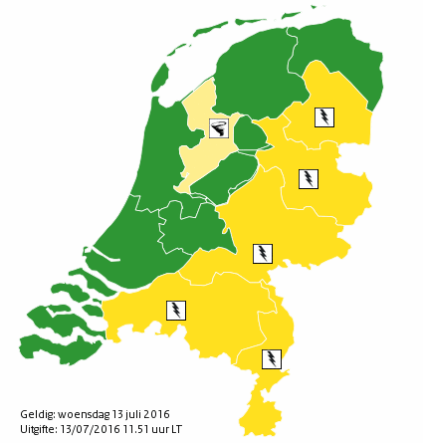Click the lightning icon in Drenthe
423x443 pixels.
click(x=323, y=116)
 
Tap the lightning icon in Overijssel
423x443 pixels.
click(x=310, y=179)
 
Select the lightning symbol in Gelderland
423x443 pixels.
click(x=263, y=253)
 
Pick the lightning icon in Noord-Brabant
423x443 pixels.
click(x=176, y=310)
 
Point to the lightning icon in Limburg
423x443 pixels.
click(x=271, y=357)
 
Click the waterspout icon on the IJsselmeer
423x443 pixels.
click(x=219, y=127)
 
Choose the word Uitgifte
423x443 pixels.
click(x=37, y=428)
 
